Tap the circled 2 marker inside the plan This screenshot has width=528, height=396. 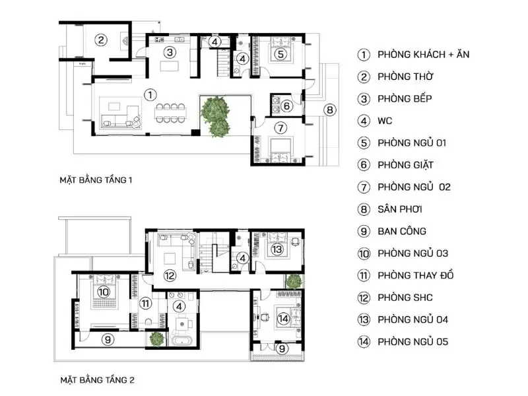tap(100, 40)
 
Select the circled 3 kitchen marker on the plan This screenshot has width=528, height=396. tap(170, 51)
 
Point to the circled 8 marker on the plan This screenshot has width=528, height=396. tap(330, 110)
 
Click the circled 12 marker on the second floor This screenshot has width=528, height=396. tap(170, 275)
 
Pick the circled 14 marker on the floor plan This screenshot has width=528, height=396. tap(283, 319)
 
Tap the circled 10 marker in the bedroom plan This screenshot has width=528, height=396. tap(103, 291)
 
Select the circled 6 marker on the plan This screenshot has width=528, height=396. tap(286, 106)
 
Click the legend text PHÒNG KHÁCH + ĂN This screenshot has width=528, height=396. tap(424, 54)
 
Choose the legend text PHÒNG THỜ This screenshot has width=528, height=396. tap(405, 77)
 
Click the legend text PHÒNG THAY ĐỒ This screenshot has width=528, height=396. tap(416, 275)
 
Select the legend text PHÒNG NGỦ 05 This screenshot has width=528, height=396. tap(413, 342)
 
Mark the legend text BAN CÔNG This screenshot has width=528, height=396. tap(402, 231)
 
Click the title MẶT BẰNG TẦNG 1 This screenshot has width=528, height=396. tap(96, 179)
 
